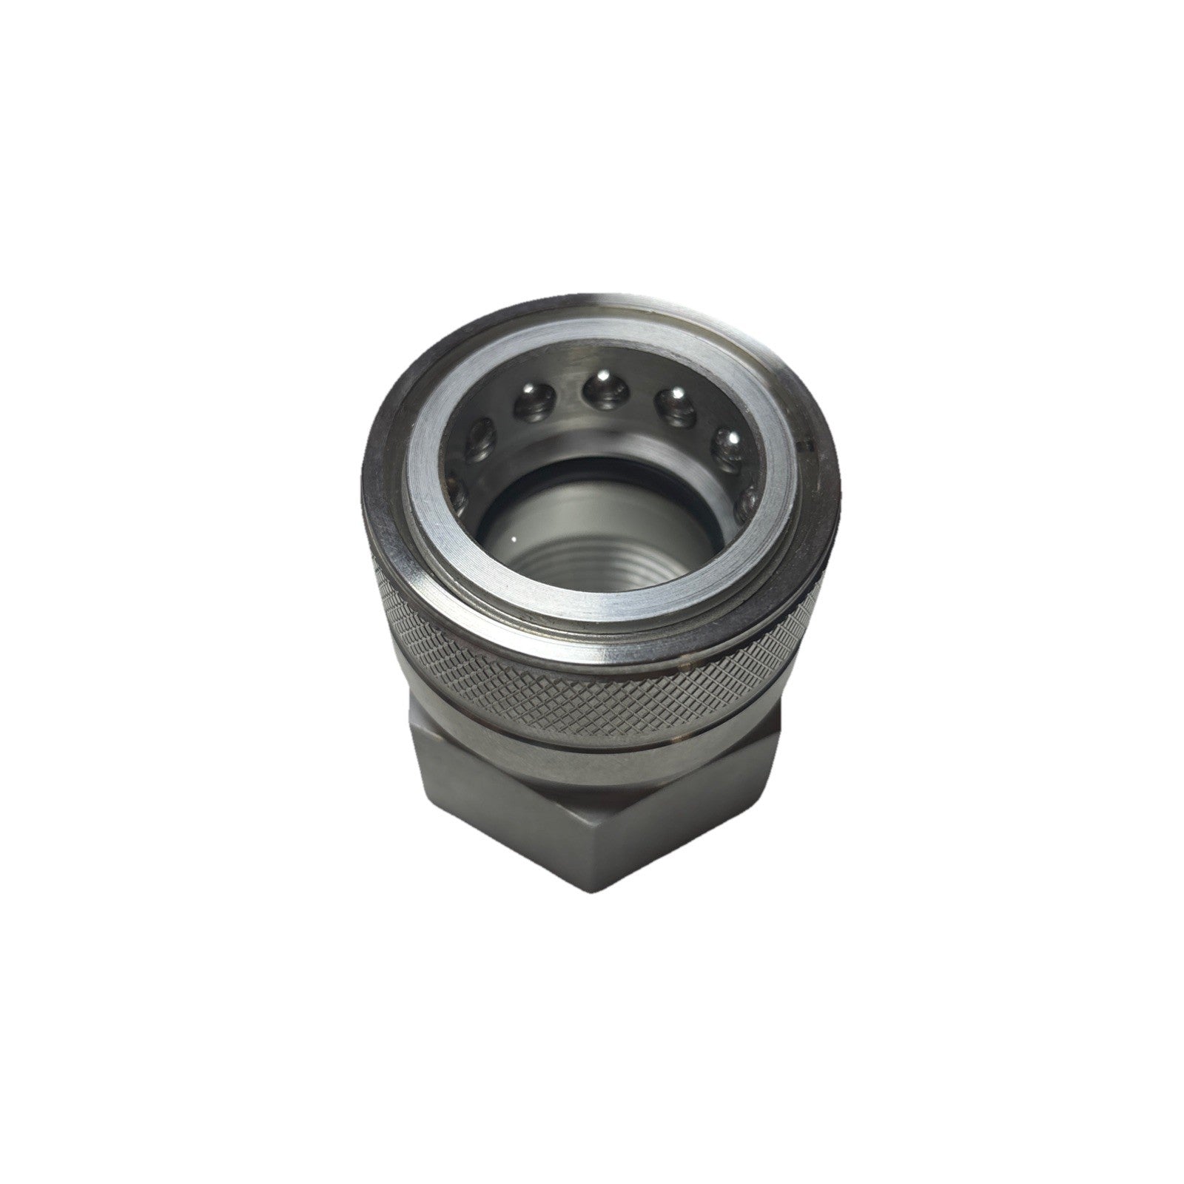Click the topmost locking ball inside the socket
pyautogui.click(x=601, y=388)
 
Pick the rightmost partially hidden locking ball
pyautogui.click(x=753, y=494)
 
